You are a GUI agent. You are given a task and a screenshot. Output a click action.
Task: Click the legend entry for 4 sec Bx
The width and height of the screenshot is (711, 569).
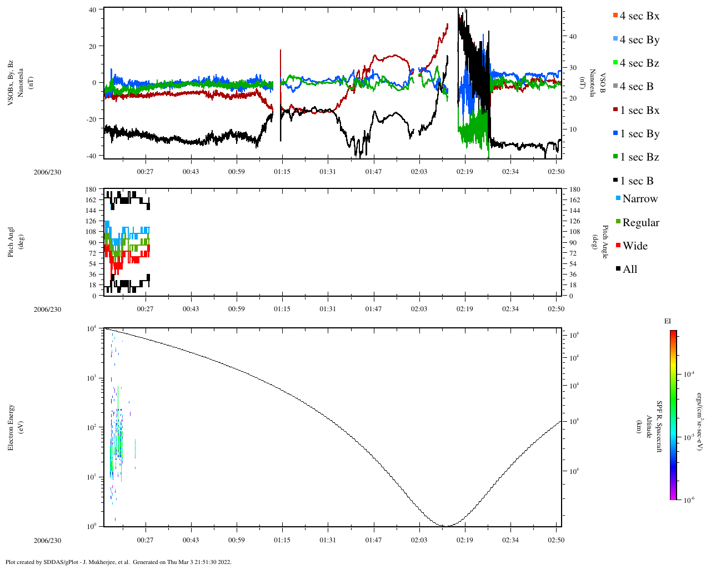click(x=639, y=16)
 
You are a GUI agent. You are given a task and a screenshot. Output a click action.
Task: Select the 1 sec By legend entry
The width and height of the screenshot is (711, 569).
click(x=639, y=134)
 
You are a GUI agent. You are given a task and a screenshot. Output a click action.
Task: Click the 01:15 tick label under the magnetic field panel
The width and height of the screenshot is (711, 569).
click(x=282, y=172)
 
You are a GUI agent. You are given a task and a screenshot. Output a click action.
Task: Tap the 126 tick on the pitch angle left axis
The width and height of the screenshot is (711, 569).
click(x=91, y=221)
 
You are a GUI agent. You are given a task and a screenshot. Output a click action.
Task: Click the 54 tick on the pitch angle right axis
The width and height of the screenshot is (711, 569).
click(x=574, y=264)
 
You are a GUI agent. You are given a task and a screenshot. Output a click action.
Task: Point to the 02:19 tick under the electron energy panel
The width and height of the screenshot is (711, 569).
click(x=465, y=541)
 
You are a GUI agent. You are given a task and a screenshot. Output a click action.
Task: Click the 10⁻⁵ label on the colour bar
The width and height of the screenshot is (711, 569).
click(x=690, y=437)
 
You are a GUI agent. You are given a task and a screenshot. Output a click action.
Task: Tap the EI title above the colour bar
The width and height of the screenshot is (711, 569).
click(x=668, y=321)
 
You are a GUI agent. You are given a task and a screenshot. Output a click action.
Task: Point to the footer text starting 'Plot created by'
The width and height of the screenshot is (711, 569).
click(x=118, y=562)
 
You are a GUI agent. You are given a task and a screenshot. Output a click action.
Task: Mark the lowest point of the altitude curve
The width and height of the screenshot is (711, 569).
click(x=446, y=526)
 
